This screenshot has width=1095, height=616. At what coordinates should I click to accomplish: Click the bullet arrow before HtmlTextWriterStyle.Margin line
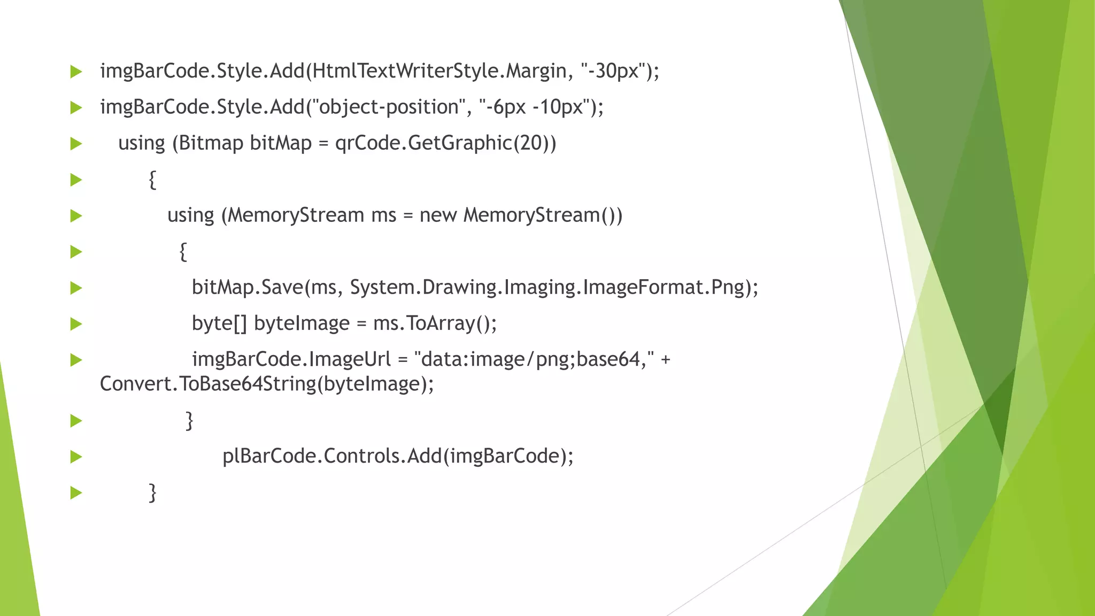pos(76,72)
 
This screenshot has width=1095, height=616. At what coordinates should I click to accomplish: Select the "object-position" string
pos(389,107)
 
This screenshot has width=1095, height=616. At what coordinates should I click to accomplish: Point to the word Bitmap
pos(211,143)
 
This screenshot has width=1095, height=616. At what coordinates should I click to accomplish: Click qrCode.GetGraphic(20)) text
pos(445,143)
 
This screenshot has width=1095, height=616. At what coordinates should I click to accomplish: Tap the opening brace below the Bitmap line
pos(152,180)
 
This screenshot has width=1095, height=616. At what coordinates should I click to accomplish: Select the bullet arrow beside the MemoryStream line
pos(76,216)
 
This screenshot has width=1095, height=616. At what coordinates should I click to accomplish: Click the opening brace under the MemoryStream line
pos(183,251)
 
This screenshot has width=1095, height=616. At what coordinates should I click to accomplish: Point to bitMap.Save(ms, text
pos(264,288)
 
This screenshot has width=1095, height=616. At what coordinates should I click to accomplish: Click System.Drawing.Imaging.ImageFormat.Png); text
pos(554,288)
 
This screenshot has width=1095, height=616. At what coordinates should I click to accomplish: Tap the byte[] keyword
pos(219,324)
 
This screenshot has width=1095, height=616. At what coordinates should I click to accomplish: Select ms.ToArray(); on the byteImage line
pos(435,324)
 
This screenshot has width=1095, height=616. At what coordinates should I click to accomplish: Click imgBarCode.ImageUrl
pos(291,359)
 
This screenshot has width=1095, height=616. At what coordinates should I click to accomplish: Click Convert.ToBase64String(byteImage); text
pos(267,384)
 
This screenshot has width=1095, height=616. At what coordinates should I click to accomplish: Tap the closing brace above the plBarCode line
pos(189,420)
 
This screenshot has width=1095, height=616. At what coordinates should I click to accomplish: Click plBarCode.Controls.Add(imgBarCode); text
pos(398,456)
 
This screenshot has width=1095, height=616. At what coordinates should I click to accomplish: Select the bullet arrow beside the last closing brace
pos(76,493)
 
